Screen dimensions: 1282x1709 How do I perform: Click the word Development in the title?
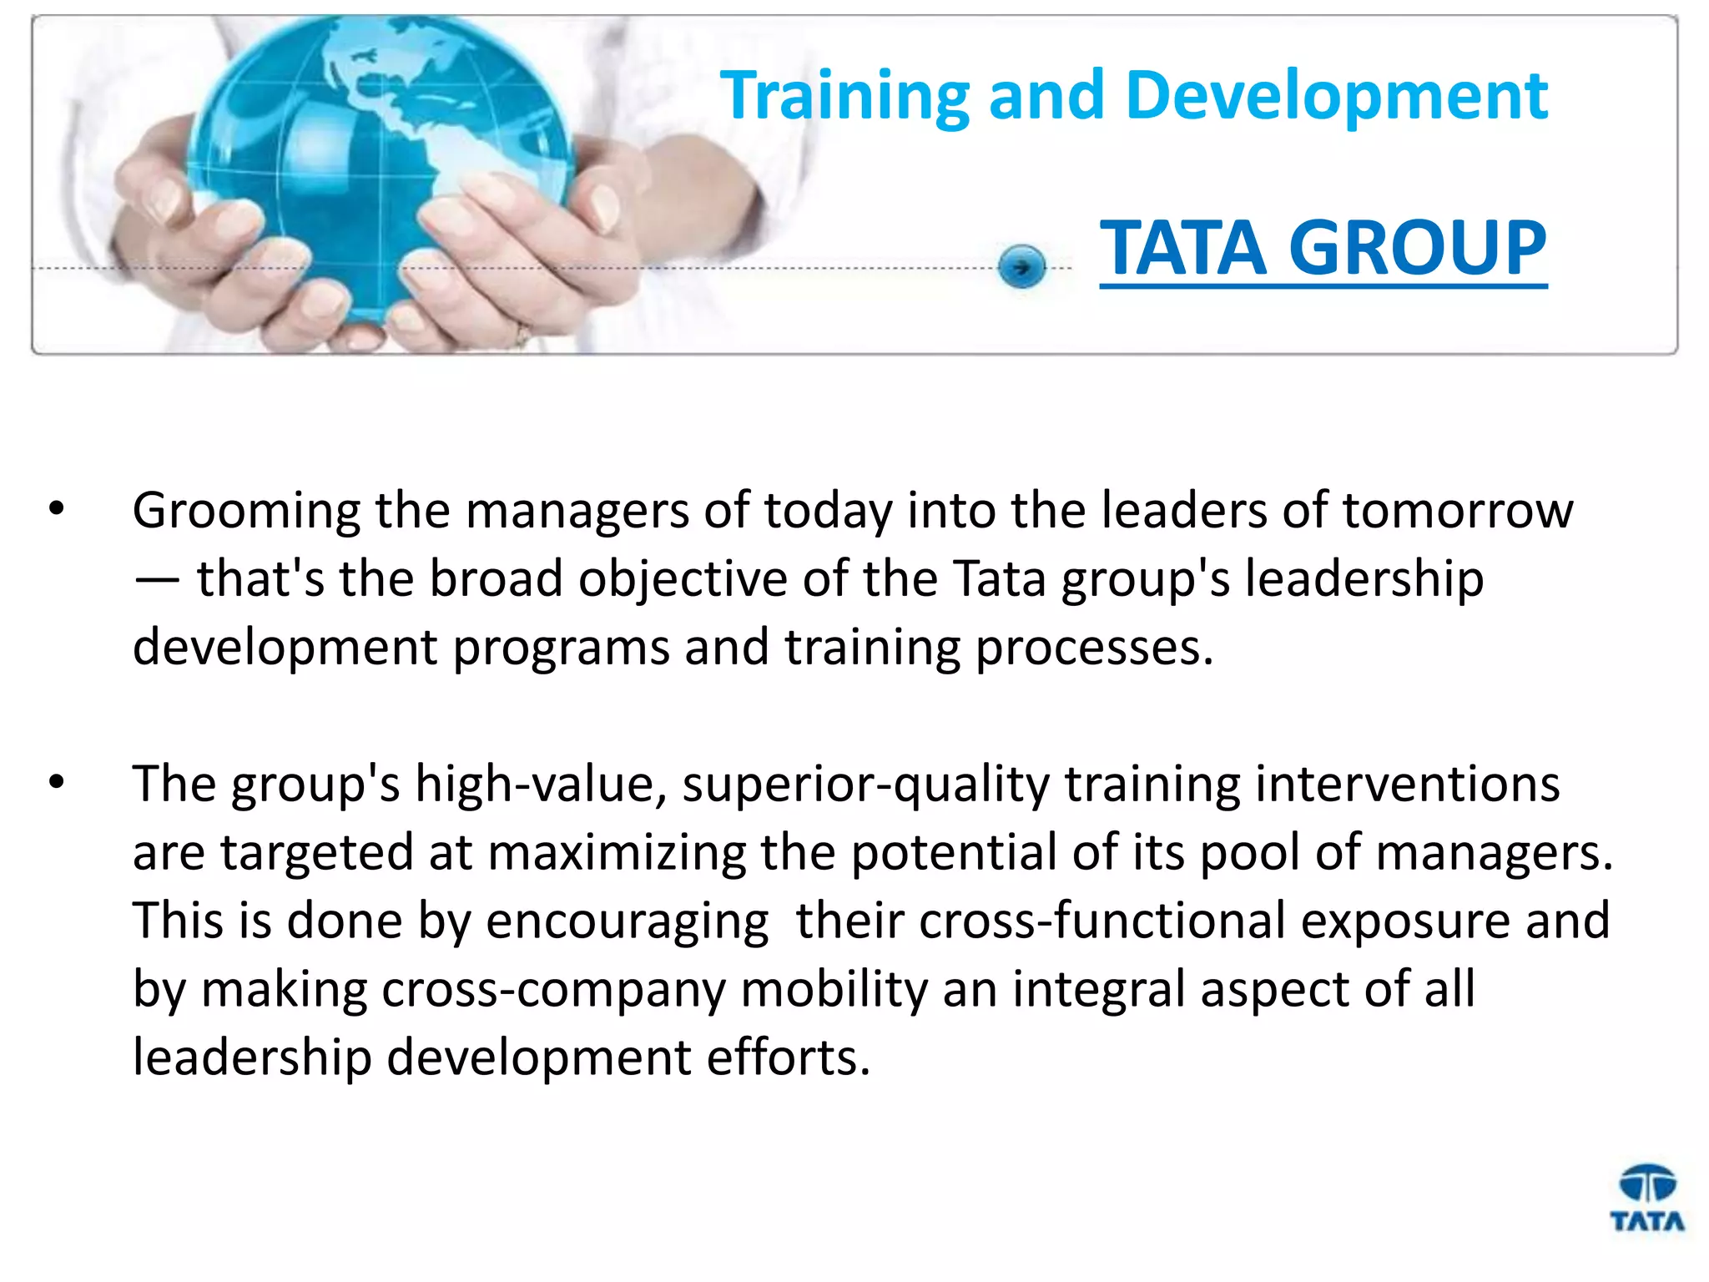[1336, 97]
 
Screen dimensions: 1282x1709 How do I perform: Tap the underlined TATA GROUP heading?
[1323, 248]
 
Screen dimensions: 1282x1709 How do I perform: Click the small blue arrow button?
[1021, 267]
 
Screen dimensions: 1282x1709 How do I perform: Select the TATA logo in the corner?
[1646, 1199]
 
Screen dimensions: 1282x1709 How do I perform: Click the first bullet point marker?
[57, 509]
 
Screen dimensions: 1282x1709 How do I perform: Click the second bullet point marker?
[57, 783]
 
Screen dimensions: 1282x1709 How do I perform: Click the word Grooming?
[246, 511]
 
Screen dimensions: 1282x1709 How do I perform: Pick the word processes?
[1094, 648]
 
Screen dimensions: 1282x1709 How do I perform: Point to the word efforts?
[788, 1058]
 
